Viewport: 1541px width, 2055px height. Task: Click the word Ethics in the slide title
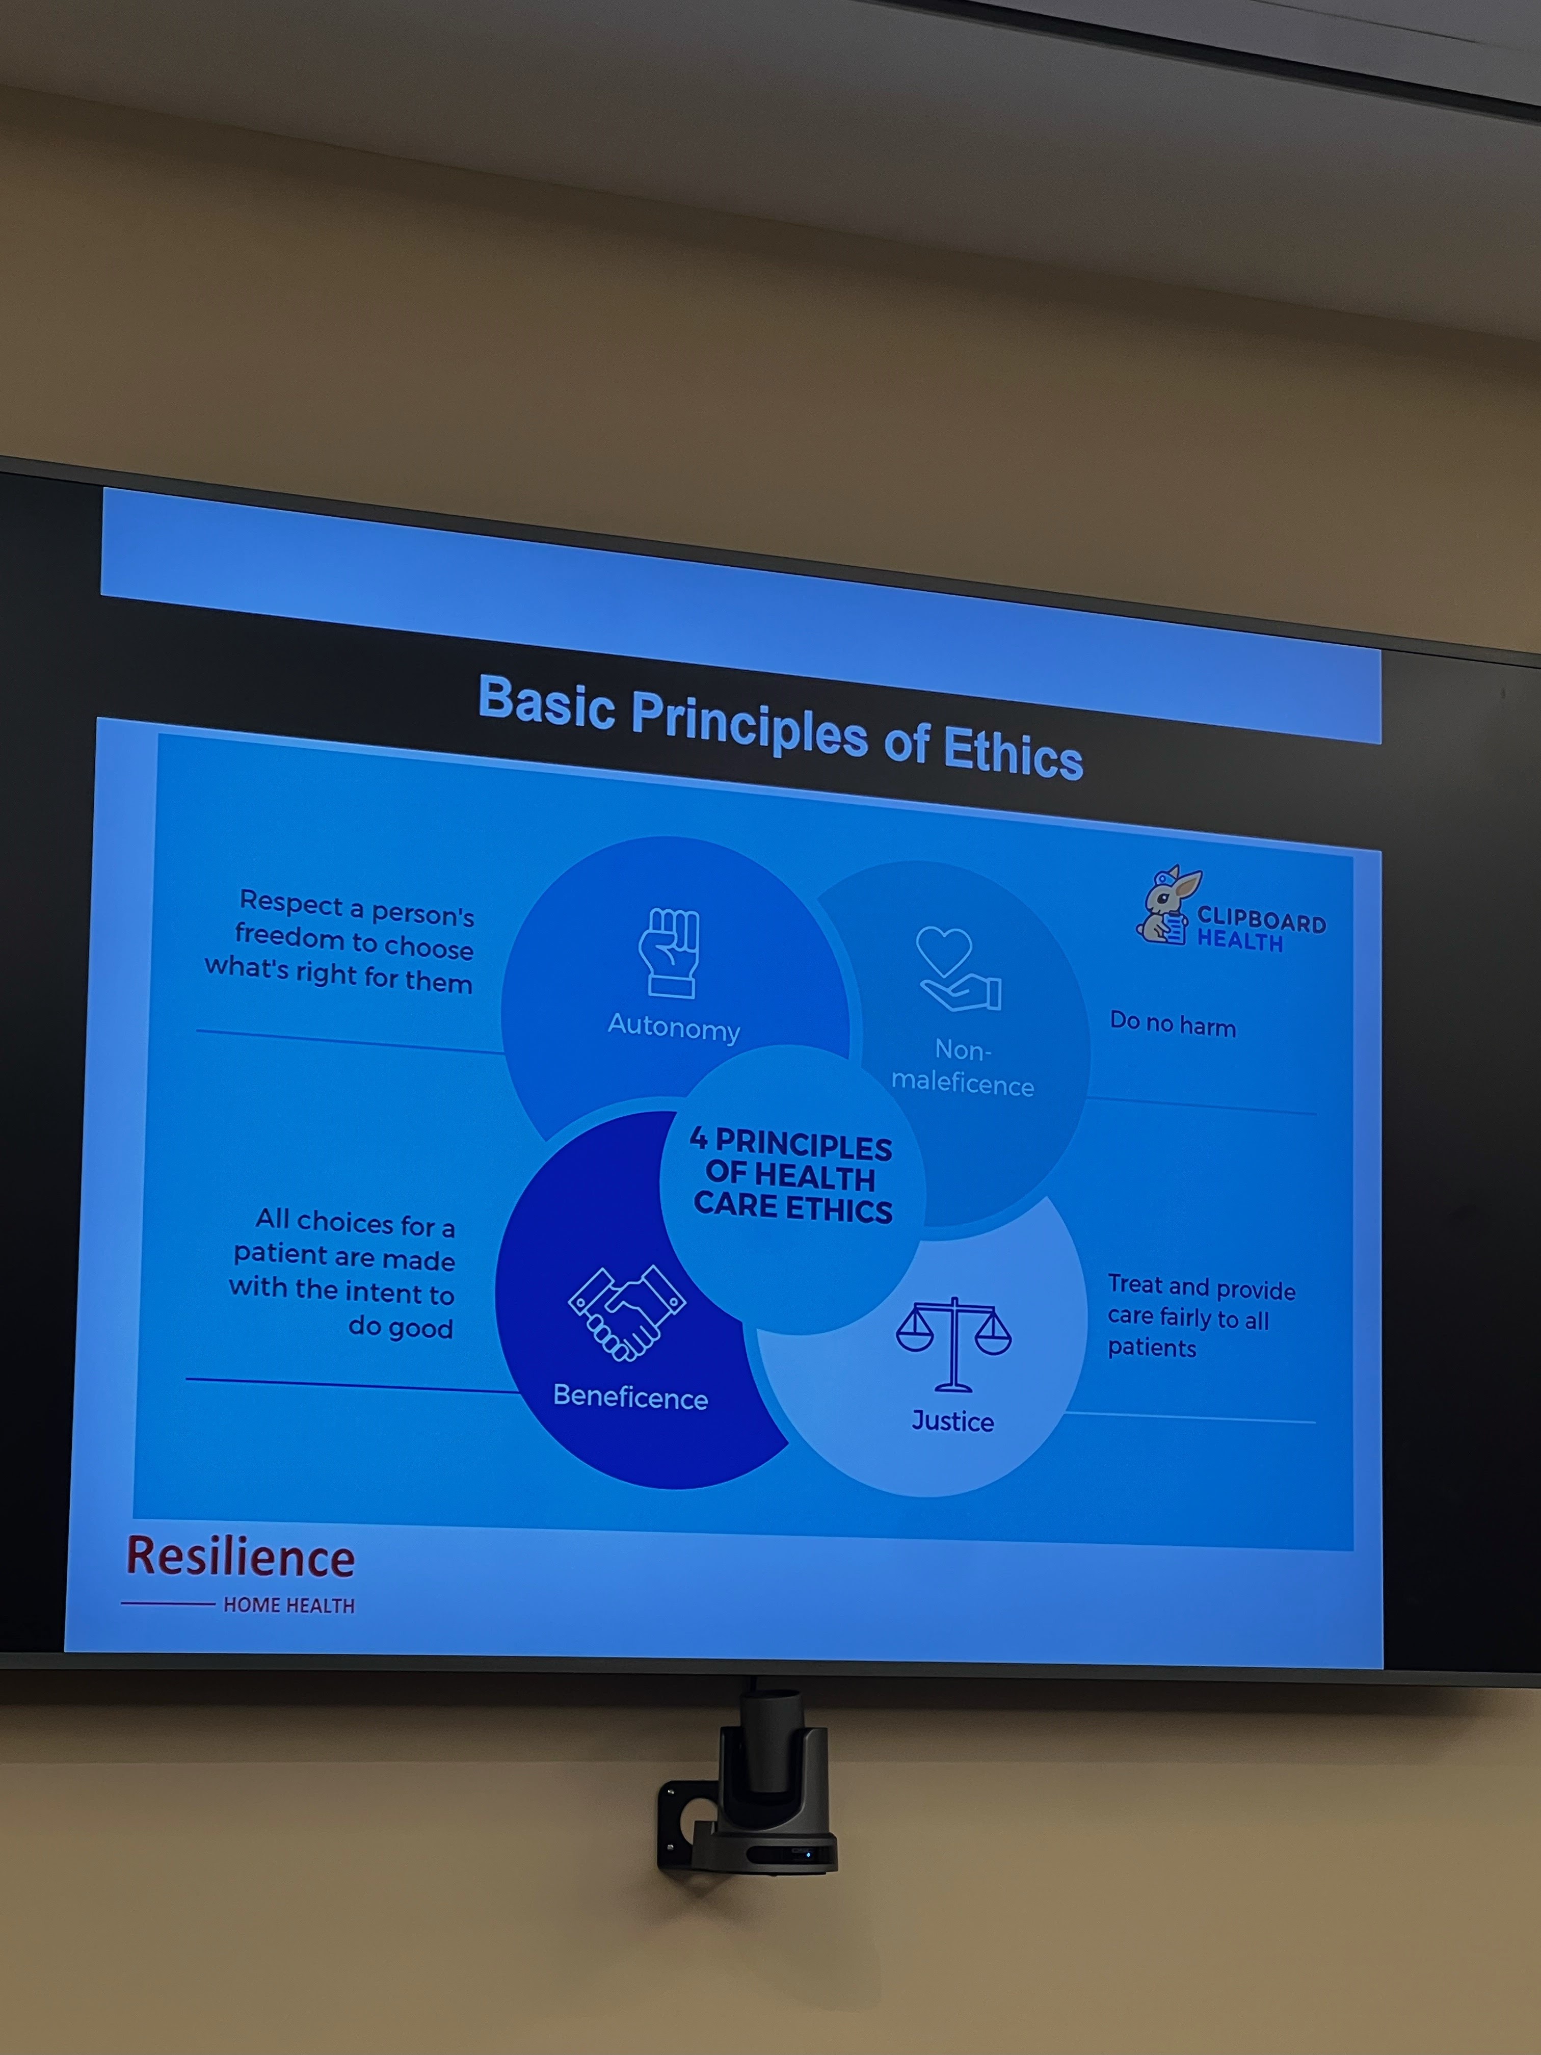[1014, 752]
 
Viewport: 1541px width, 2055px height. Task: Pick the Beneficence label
[631, 1397]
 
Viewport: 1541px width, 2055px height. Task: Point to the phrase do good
[401, 1328]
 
